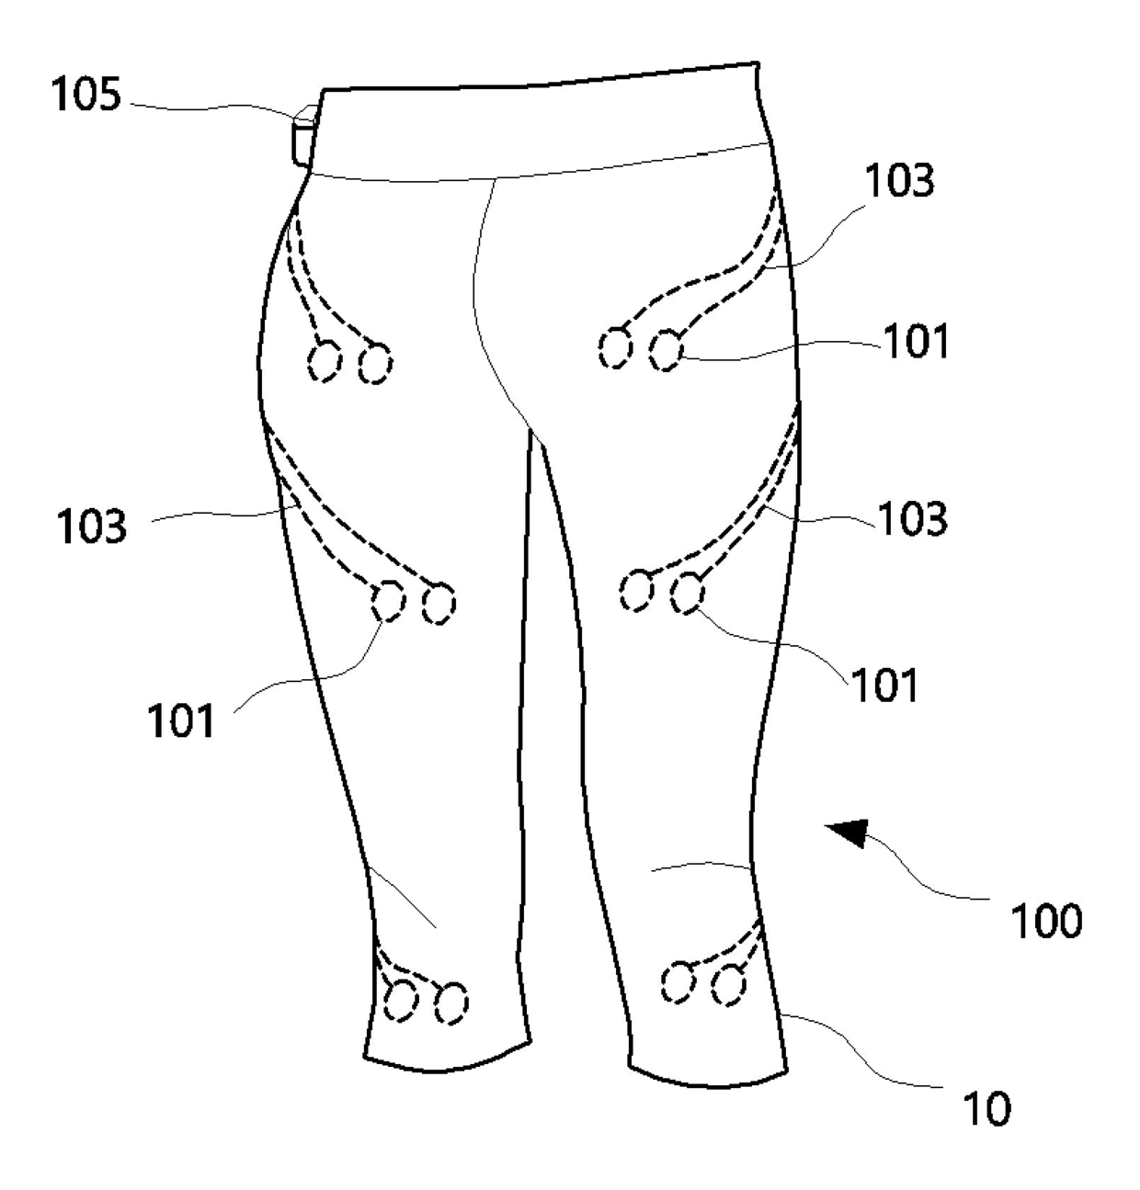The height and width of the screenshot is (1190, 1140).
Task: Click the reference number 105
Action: (85, 95)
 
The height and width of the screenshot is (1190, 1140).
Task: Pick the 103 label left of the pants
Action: (91, 527)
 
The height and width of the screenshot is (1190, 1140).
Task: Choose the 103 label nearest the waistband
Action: (899, 182)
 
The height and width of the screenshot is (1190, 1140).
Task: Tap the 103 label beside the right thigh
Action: (911, 520)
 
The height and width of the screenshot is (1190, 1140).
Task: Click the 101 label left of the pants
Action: (181, 721)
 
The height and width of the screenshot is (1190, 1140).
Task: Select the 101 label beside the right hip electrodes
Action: (917, 342)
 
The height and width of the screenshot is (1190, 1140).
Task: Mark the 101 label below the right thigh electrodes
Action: (884, 685)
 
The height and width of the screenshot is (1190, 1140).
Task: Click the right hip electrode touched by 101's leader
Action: (667, 351)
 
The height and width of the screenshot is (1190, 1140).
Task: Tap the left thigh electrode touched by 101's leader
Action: (388, 601)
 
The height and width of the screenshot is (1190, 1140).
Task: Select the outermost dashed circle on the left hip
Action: (324, 362)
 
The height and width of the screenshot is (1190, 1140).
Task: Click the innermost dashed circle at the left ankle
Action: (450, 1003)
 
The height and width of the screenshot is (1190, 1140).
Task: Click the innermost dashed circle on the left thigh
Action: (439, 604)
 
